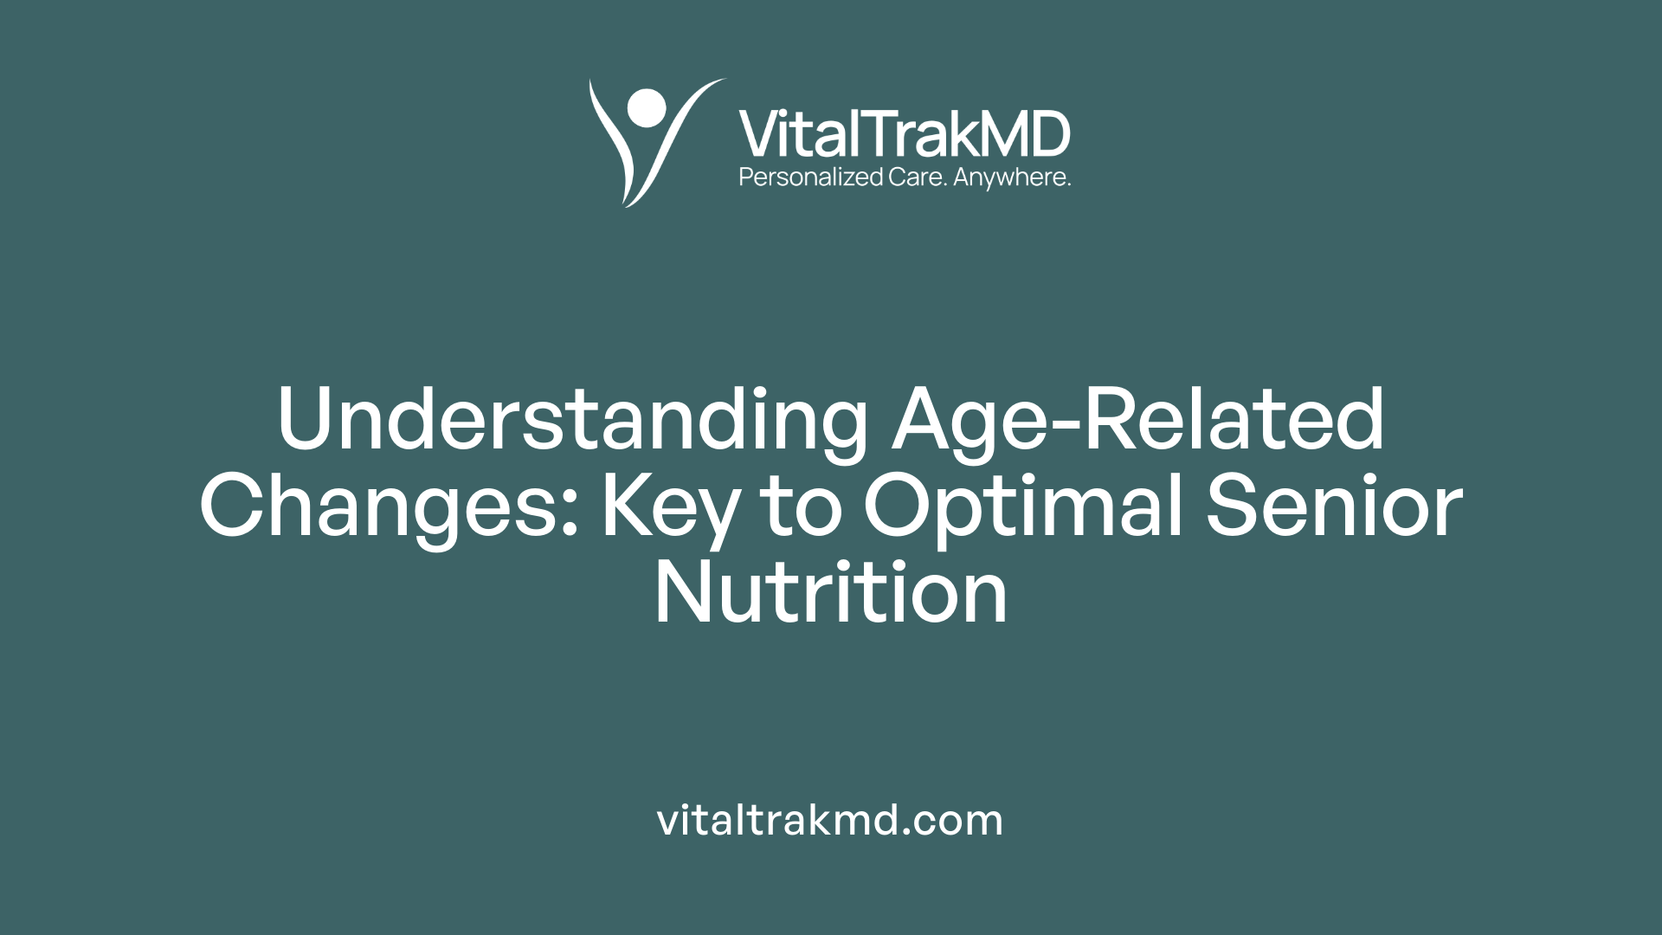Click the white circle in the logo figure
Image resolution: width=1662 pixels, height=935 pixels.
tap(647, 107)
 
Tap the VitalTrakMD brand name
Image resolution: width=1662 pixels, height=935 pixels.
tap(904, 134)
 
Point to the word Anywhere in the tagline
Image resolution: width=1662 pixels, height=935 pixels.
tap(1011, 177)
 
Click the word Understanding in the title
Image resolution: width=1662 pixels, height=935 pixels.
tap(572, 419)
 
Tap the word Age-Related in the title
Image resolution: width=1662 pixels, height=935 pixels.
tap(1138, 419)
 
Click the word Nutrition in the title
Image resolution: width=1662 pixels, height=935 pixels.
tap(831, 592)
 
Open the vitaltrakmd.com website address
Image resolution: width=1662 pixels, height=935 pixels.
tap(830, 820)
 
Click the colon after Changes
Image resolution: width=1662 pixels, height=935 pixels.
tap(569, 511)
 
